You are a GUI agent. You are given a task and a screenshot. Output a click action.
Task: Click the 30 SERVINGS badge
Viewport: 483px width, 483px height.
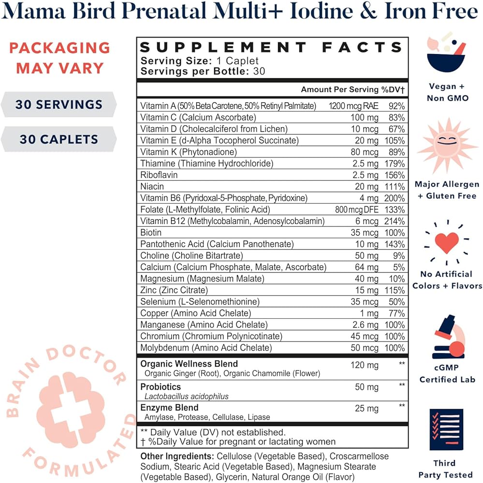click(x=59, y=104)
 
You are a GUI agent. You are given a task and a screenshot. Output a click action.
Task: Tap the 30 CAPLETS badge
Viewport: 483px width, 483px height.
click(x=59, y=139)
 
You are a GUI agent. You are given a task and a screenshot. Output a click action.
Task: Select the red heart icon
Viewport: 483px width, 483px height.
click(x=447, y=242)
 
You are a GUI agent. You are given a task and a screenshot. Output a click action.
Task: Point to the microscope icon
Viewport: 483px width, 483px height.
click(x=447, y=337)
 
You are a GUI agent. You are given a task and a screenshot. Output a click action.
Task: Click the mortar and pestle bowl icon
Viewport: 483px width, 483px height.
click(x=447, y=53)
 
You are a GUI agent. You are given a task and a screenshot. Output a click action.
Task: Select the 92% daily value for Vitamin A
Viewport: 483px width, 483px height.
click(x=396, y=106)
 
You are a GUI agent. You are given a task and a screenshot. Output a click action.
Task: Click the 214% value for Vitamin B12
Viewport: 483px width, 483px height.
click(x=395, y=221)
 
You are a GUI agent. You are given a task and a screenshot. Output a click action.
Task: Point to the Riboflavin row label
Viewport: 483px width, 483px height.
click(x=159, y=175)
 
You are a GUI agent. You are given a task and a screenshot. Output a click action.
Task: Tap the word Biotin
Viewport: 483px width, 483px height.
click(x=151, y=233)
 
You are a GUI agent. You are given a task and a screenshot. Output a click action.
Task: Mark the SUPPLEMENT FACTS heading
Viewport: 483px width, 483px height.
click(x=271, y=48)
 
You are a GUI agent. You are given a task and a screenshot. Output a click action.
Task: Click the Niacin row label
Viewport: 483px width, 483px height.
click(x=152, y=186)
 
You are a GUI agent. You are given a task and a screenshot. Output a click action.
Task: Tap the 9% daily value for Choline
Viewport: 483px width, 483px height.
click(x=399, y=256)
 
